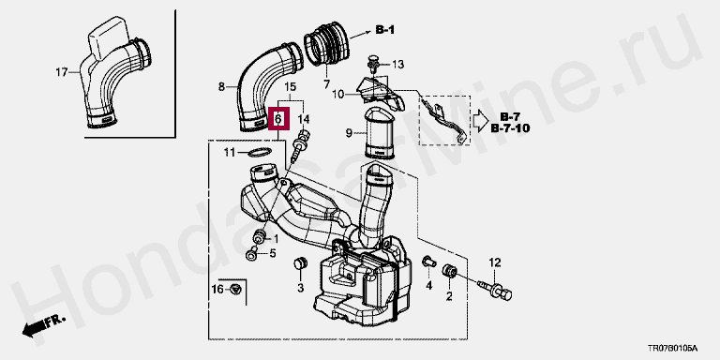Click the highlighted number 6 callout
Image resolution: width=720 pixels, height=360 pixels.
click(x=278, y=119)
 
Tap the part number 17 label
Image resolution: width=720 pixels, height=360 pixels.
click(x=62, y=72)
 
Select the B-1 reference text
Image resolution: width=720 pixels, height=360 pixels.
click(x=384, y=30)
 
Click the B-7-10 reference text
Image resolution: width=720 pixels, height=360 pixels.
click(x=510, y=128)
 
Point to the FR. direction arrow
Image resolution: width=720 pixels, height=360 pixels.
click(x=44, y=325)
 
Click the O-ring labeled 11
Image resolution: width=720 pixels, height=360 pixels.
click(x=259, y=152)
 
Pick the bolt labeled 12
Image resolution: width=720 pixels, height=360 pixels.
click(x=496, y=289)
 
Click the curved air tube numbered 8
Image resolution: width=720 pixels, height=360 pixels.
click(x=269, y=87)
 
